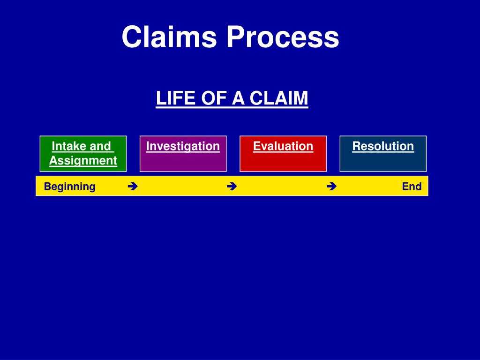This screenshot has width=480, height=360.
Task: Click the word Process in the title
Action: click(283, 37)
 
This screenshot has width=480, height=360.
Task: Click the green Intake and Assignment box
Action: click(83, 154)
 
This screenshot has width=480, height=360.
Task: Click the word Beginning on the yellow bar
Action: click(69, 187)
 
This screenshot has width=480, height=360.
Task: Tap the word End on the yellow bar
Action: click(412, 187)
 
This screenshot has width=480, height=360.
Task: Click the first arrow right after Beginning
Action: click(132, 187)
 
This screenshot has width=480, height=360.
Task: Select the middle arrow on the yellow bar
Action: click(232, 187)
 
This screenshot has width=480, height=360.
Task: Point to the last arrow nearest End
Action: click(331, 187)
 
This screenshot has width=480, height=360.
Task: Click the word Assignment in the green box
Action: click(83, 161)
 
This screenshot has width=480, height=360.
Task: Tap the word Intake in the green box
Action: click(65, 146)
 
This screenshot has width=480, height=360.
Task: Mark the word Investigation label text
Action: click(183, 146)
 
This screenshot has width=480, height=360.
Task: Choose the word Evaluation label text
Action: click(283, 146)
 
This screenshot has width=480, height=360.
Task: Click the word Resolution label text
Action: click(383, 146)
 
